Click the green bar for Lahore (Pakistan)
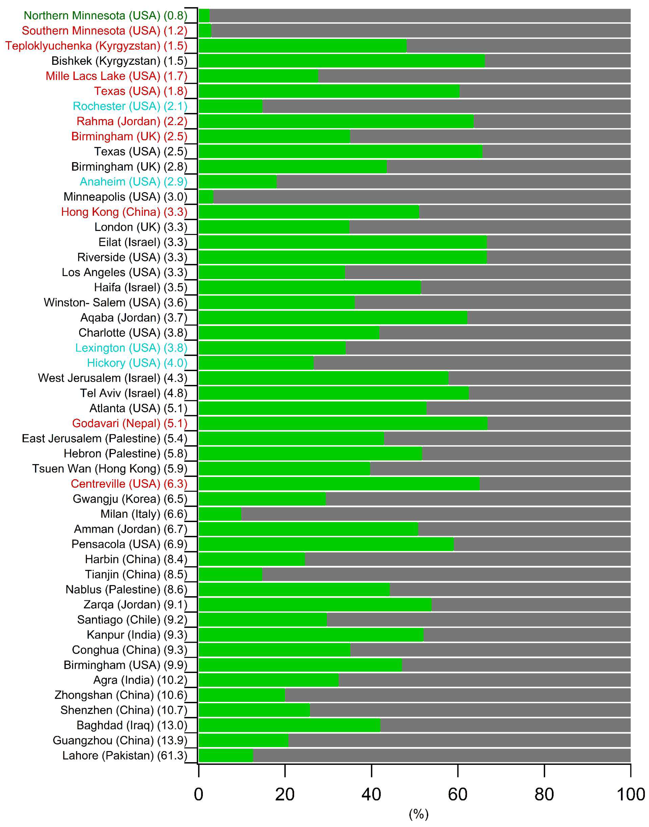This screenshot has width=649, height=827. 226,755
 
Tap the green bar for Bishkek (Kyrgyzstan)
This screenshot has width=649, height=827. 341,61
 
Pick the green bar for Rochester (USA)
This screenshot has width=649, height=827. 230,106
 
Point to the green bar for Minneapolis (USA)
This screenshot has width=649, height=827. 206,197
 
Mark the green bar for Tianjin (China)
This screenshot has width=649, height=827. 230,574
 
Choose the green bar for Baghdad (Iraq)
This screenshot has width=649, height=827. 289,725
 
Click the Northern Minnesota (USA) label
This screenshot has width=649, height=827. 105,16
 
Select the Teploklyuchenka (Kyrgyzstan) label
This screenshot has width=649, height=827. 96,46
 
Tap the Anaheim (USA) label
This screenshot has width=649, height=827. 133,182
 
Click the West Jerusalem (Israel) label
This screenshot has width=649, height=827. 112,378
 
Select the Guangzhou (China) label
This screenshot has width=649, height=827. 120,740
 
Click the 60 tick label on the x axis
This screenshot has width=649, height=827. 457,794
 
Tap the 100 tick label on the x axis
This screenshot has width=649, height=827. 630,794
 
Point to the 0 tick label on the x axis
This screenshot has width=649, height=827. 198,794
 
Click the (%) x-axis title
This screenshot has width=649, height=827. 418,814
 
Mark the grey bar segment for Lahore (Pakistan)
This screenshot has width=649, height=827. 442,755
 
